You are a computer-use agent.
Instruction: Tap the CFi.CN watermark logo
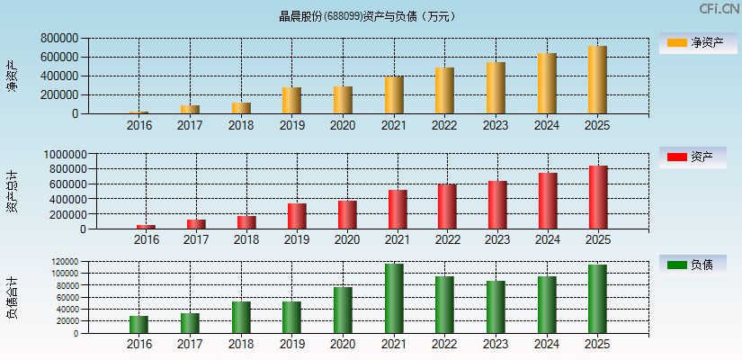click(718, 9)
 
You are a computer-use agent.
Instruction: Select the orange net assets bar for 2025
click(597, 80)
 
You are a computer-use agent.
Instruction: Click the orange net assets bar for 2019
click(291, 101)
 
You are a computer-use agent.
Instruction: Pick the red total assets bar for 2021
click(398, 210)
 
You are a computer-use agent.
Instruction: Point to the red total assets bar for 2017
click(196, 224)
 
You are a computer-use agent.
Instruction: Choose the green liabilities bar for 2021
click(394, 299)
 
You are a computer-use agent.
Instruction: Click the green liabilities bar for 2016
click(139, 325)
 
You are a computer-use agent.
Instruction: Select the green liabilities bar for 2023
click(496, 307)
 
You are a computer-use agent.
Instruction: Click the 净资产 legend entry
click(693, 42)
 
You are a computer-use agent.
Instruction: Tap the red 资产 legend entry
click(693, 157)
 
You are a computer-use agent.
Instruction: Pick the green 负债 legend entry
click(693, 265)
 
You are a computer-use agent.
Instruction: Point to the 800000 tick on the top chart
click(58, 39)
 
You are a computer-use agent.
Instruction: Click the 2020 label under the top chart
click(343, 125)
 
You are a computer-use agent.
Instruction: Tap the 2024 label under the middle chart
click(548, 240)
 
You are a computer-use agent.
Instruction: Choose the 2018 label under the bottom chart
click(241, 345)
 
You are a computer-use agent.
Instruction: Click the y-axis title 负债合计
click(12, 298)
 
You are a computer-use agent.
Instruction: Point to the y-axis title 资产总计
click(12, 192)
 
